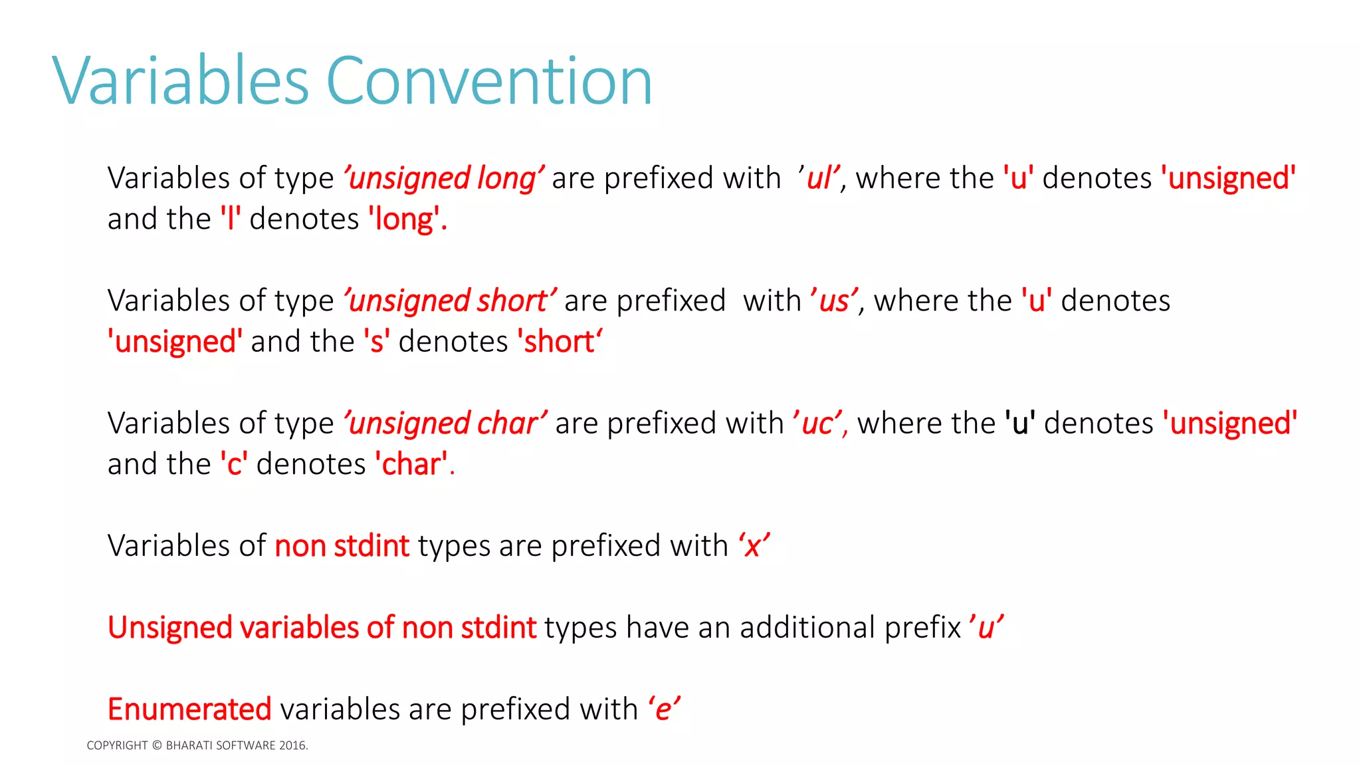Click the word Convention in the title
489,81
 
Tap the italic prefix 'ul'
820,178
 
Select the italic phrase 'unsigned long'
443,178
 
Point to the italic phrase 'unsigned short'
449,301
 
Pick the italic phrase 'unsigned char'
445,423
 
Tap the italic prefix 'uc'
818,423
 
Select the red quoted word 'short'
560,342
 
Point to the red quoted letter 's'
377,342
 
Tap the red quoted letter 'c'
234,464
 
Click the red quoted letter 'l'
231,219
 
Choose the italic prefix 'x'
754,546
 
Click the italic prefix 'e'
664,709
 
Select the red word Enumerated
189,709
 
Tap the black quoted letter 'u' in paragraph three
1020,423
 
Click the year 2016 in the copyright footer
292,745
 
